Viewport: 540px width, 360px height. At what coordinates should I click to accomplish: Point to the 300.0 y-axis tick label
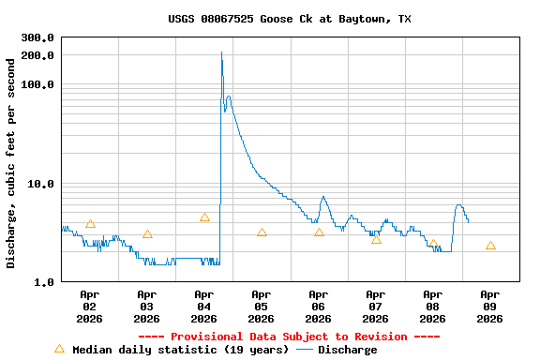tap(37, 38)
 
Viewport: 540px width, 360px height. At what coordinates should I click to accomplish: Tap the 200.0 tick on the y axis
tap(37, 55)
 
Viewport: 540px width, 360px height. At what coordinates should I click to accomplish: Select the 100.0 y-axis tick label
tap(37, 85)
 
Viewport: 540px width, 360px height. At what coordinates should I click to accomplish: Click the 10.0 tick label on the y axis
tap(40, 184)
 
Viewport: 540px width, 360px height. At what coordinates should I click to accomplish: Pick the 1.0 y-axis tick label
tap(43, 282)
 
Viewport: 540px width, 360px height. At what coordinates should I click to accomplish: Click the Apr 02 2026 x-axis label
tap(89, 307)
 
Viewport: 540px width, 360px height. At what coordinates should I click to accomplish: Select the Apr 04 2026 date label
tap(203, 307)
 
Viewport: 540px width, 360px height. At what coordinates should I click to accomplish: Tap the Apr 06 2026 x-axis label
tap(318, 307)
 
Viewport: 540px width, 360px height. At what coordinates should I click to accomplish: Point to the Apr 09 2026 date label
tap(489, 307)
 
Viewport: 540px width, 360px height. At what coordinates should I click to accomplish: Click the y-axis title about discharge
tap(11, 163)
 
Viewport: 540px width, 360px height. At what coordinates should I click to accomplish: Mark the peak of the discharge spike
tap(221, 52)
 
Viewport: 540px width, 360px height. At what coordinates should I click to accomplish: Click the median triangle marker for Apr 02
tap(90, 224)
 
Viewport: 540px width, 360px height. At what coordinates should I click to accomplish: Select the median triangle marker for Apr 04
tap(204, 217)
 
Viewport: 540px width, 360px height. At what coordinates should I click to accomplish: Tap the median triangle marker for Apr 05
tap(262, 232)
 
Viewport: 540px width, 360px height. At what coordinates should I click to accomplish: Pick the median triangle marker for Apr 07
tap(376, 240)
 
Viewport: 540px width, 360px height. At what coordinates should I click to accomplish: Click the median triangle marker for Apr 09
tap(490, 246)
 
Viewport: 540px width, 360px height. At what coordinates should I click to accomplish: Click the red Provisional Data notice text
tap(289, 337)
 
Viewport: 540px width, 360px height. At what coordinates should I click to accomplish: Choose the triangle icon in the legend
tap(59, 349)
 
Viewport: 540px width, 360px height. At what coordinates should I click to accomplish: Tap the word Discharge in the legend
tap(347, 350)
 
